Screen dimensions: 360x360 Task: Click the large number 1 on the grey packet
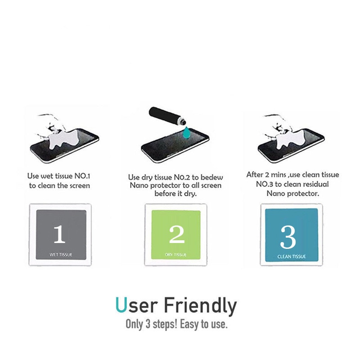pyautogui.click(x=59, y=234)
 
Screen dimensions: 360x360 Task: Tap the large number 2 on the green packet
pyautogui.click(x=177, y=234)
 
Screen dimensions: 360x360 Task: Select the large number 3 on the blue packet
pyautogui.click(x=288, y=237)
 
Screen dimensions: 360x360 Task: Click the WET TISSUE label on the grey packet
pyautogui.click(x=61, y=255)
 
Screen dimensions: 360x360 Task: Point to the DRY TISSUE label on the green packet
pyautogui.click(x=175, y=255)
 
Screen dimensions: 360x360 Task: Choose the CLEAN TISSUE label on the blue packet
pyautogui.click(x=292, y=256)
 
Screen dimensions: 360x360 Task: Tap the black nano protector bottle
pyautogui.click(x=167, y=116)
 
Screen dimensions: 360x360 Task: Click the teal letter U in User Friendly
pyautogui.click(x=121, y=305)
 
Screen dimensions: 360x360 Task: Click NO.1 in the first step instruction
pyautogui.click(x=82, y=176)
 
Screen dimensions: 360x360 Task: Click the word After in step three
pyautogui.click(x=255, y=175)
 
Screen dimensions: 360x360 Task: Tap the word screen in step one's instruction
pyautogui.click(x=79, y=186)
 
